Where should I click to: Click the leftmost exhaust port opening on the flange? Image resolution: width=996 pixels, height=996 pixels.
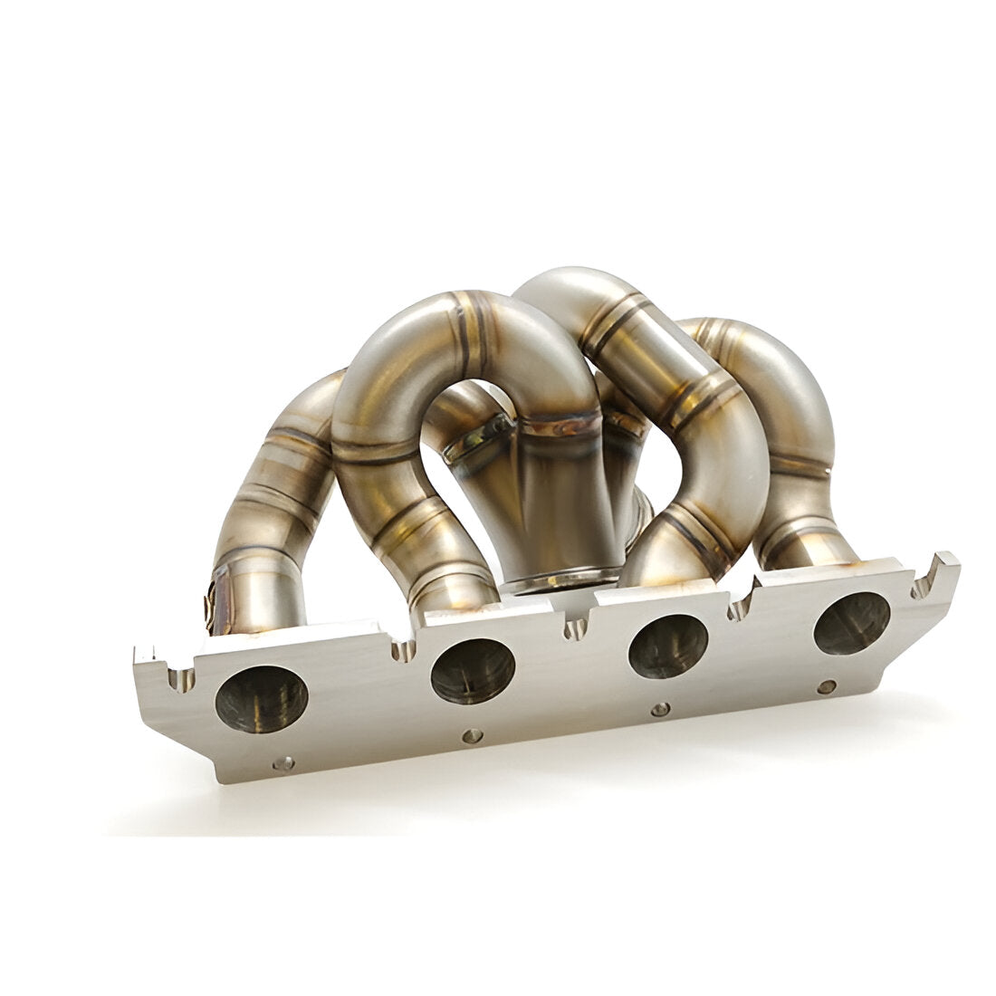pos(262,699)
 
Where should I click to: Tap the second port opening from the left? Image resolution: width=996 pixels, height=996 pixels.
pos(473,671)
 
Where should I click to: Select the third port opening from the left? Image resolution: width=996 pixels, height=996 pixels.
pos(668,646)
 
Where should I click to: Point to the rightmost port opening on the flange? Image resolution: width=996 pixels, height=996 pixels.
pos(851,623)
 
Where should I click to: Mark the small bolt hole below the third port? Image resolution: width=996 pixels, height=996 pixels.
pos(661,708)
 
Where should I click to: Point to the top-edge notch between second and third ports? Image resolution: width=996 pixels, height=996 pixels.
pos(576,627)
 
